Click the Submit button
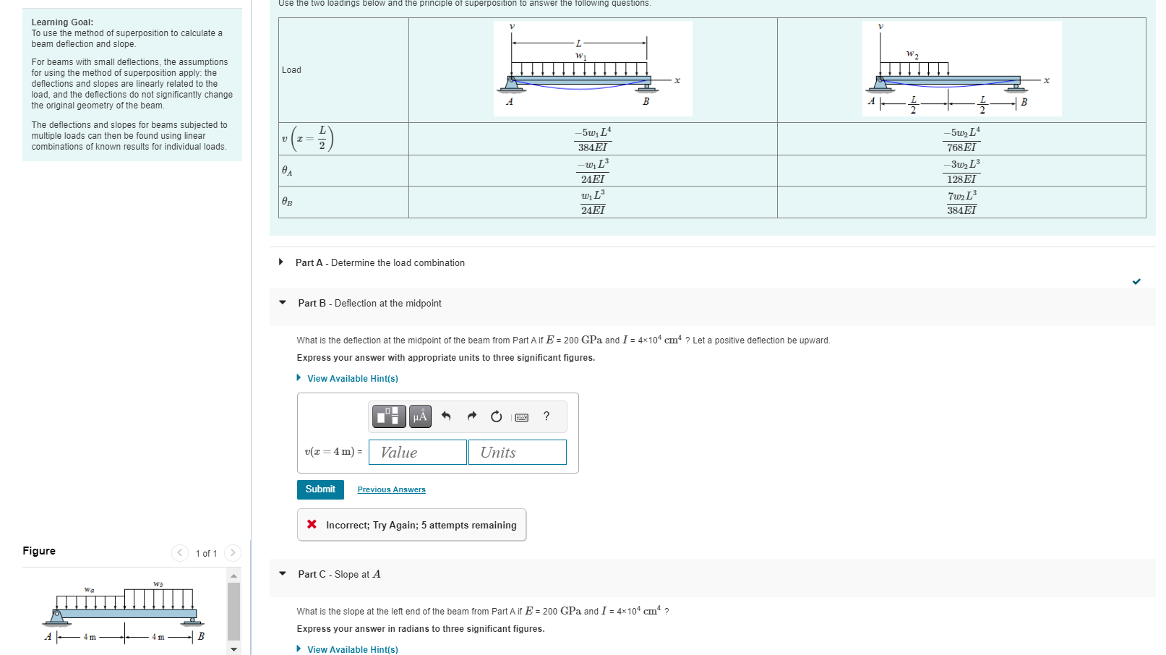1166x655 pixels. click(320, 489)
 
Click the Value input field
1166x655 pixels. click(417, 453)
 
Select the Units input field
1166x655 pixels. click(517, 453)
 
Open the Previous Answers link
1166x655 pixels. click(391, 490)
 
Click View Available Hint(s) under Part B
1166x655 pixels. click(352, 379)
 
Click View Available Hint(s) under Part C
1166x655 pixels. click(352, 650)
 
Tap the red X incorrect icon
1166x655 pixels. click(312, 525)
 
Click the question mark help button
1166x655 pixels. click(546, 416)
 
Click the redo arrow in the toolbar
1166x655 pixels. click(471, 416)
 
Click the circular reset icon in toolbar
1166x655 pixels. click(496, 416)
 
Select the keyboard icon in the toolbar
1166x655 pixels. click(521, 417)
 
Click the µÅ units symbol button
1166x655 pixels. click(420, 416)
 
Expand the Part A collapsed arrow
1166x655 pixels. click(281, 262)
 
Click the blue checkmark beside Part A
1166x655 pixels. click(1136, 281)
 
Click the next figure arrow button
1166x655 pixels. click(232, 553)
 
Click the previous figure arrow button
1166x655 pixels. click(180, 553)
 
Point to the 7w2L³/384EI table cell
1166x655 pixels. click(961, 202)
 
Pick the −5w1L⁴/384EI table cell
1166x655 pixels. click(593, 139)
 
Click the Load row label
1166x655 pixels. click(291, 70)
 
